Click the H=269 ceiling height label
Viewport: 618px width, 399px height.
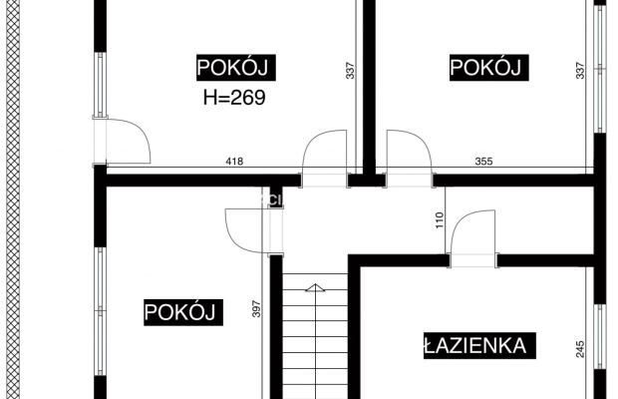pos(234,98)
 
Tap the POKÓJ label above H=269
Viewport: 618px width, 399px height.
pos(234,67)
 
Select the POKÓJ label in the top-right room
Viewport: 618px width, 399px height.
pos(486,67)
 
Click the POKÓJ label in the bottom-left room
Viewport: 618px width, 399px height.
pos(181,311)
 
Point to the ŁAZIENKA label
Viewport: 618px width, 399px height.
pos(474,346)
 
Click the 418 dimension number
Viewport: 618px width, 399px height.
pos(234,162)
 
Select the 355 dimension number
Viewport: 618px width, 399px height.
pos(483,162)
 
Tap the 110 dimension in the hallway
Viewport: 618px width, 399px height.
pos(439,220)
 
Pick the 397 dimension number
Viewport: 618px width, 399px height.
pos(256,309)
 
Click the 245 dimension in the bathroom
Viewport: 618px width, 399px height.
pos(581,349)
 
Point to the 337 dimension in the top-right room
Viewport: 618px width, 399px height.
pos(580,71)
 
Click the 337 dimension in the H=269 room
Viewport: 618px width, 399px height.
pos(350,71)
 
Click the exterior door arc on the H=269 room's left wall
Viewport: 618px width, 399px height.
pos(128,140)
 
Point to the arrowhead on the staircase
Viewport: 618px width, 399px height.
pos(314,287)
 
